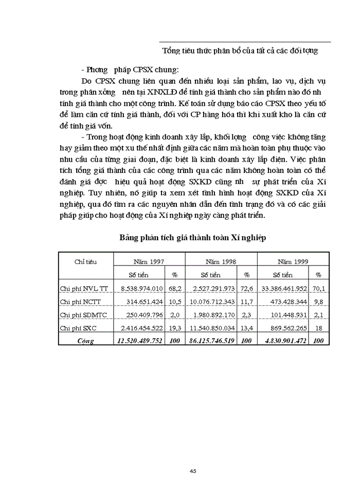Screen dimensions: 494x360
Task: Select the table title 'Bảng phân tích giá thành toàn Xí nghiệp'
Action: point(192,237)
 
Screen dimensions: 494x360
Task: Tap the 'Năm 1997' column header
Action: point(149,261)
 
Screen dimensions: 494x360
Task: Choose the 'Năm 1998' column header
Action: point(221,261)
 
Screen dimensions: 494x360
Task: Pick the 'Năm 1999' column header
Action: point(293,261)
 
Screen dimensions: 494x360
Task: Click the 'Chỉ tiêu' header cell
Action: point(85,261)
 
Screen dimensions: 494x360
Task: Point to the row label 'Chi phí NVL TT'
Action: point(84,288)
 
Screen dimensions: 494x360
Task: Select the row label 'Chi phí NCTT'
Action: point(81,302)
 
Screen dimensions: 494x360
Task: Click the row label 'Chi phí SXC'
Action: point(79,328)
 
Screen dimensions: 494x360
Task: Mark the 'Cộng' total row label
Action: point(85,341)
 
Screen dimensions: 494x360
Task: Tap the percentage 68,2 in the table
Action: point(174,288)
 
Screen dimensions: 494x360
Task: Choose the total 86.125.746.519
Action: point(211,341)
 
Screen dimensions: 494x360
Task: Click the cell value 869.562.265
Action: point(285,328)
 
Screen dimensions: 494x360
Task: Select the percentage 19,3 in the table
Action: point(174,328)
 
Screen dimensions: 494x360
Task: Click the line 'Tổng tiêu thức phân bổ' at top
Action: point(240,50)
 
